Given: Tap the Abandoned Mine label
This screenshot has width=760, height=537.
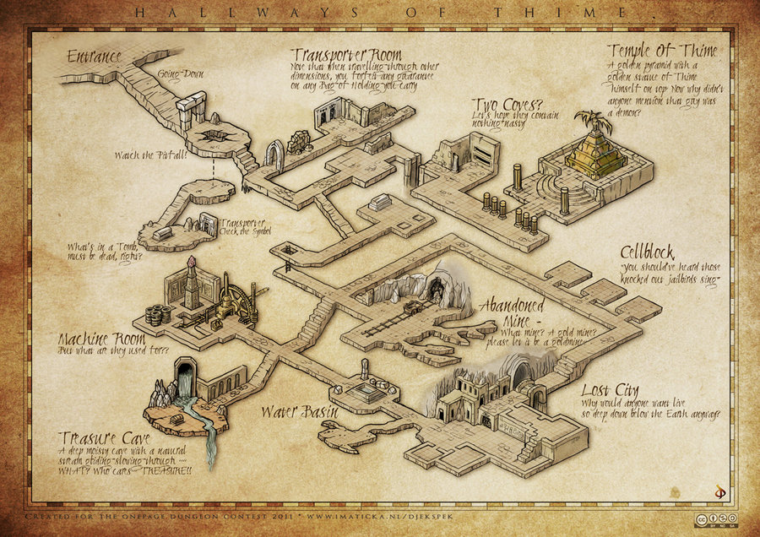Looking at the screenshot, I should click(x=512, y=312).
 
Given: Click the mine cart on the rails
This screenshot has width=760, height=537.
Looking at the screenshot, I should click(x=413, y=308).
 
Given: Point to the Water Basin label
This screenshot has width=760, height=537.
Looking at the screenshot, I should click(x=299, y=412).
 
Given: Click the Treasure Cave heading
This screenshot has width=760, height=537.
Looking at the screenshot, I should click(x=106, y=438).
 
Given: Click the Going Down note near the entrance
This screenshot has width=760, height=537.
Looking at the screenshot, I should click(x=182, y=73).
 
